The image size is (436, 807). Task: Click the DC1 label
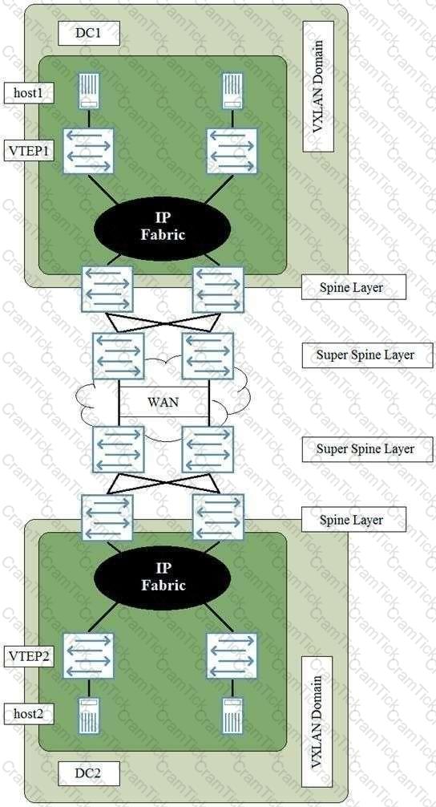[89, 34]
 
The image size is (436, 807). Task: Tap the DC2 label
[89, 773]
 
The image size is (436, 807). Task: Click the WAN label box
[163, 401]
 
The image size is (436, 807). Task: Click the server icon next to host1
[88, 91]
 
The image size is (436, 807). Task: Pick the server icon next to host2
[88, 716]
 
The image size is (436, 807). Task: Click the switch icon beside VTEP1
[88, 151]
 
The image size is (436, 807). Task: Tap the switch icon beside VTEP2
[88, 655]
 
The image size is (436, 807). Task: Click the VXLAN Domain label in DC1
[317, 87]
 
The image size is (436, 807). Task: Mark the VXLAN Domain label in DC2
[317, 721]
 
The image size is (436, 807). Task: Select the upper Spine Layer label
[353, 287]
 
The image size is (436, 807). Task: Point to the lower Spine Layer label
[353, 520]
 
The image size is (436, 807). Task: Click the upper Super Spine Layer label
[367, 355]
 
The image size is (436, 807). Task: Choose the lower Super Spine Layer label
[367, 448]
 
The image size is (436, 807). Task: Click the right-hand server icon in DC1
[232, 91]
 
